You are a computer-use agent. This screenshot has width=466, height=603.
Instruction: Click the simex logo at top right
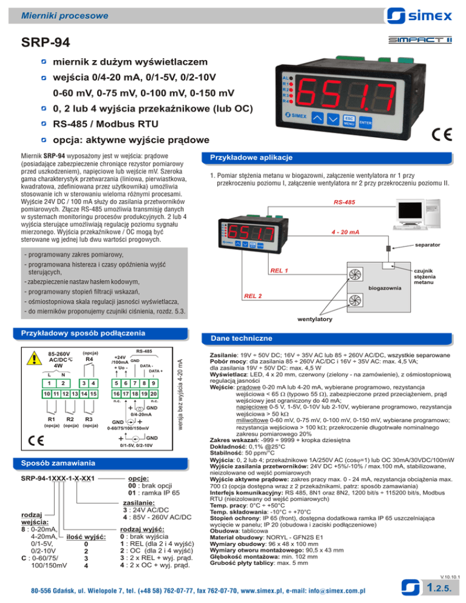click(419, 16)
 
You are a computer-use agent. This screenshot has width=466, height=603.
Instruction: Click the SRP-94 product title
click(46, 42)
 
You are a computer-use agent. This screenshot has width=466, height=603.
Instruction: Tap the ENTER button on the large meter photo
click(365, 123)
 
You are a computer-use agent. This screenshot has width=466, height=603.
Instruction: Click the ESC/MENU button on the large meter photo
click(349, 121)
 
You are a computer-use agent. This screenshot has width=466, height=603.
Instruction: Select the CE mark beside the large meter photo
click(441, 135)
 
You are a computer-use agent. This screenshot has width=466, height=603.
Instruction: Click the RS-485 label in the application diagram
click(345, 202)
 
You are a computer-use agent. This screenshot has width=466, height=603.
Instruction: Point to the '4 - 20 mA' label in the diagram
click(345, 232)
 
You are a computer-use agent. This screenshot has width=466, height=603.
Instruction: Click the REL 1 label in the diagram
click(279, 271)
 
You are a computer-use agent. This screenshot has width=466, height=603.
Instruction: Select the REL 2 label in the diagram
click(253, 295)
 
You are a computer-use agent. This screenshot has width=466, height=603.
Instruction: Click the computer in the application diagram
click(417, 214)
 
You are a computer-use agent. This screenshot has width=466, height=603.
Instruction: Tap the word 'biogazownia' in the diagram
click(385, 288)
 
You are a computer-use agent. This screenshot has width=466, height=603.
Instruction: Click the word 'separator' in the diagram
click(428, 244)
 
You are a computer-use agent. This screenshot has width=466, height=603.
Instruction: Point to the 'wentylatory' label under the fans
click(315, 319)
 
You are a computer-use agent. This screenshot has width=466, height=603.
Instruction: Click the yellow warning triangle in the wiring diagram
click(34, 358)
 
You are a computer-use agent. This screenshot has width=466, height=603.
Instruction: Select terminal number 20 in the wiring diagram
click(154, 394)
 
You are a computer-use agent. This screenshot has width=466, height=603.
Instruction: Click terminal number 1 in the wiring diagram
click(49, 383)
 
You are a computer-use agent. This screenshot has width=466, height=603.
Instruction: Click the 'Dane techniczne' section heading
click(241, 339)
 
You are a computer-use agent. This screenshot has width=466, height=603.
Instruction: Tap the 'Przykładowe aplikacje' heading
click(251, 158)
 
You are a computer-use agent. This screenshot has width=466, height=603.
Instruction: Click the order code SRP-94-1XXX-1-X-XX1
click(58, 479)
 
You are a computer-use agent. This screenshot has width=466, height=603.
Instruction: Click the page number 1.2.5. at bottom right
click(439, 588)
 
